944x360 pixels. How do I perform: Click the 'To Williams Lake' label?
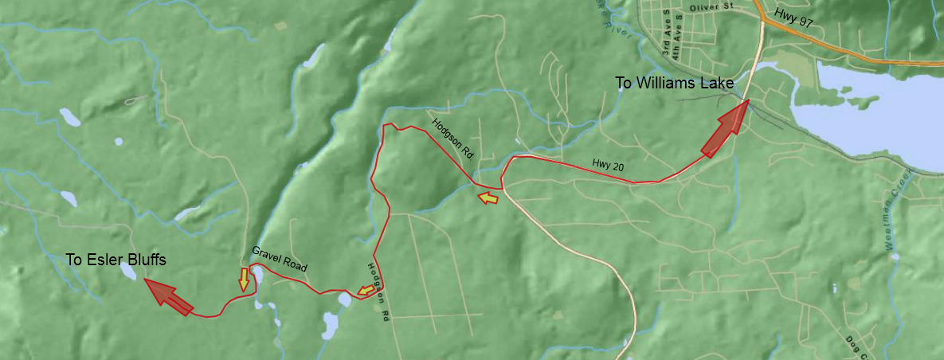click(675, 83)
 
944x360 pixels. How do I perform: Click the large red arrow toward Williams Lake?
click(726, 127)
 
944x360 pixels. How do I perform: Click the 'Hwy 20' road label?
click(607, 164)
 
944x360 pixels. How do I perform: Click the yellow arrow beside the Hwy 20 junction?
click(487, 197)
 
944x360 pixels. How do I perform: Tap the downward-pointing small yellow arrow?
click(244, 280)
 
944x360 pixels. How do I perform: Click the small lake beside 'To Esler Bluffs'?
click(127, 272)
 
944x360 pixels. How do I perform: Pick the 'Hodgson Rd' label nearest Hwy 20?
click(452, 139)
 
